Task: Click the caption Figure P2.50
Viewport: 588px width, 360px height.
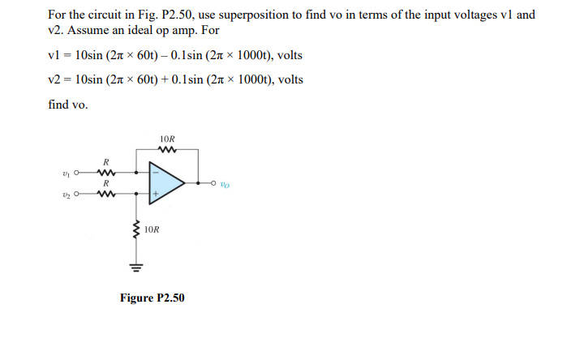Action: [152, 298]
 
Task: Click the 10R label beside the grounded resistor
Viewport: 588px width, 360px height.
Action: [152, 229]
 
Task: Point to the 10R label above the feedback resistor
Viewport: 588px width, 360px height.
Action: [169, 137]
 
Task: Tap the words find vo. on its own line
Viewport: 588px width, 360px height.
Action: [68, 105]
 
